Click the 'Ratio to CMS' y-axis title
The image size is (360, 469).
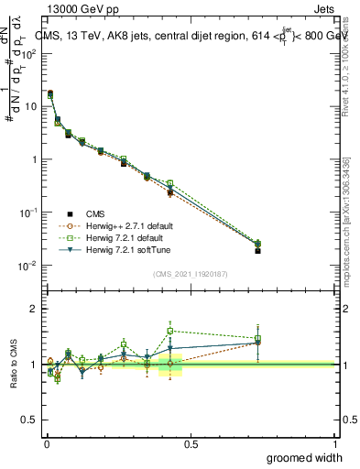point(15,364)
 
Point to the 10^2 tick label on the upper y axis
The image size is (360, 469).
point(29,53)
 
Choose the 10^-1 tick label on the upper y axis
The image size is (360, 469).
point(29,213)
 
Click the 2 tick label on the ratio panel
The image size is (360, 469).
point(35,310)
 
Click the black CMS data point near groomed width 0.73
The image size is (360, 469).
point(257,250)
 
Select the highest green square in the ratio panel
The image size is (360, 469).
point(170,331)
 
